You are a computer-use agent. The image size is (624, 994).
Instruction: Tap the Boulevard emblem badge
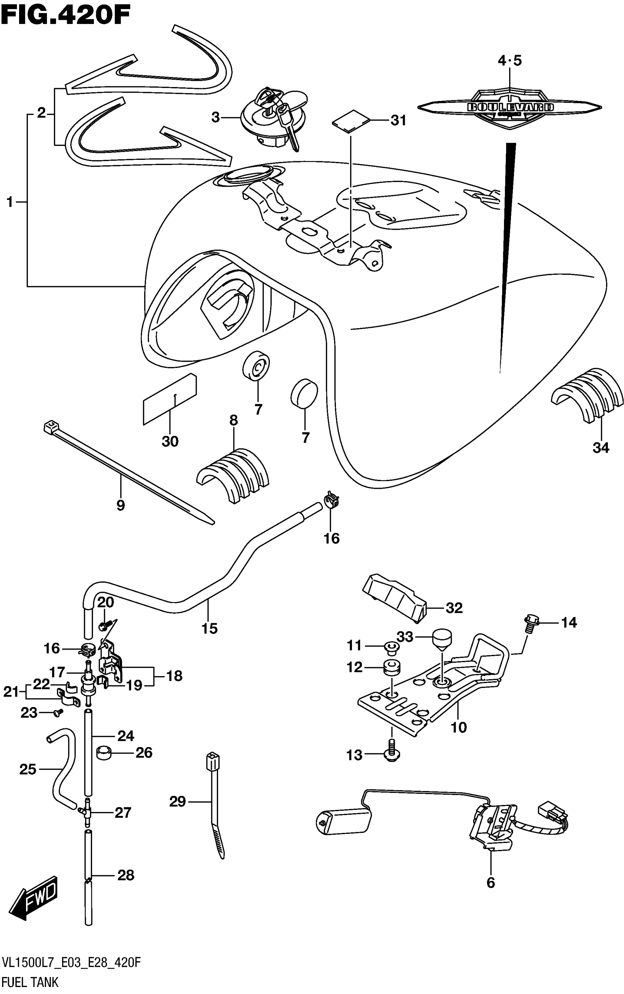(x=510, y=107)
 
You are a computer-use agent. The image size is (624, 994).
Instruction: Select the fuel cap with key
(x=274, y=118)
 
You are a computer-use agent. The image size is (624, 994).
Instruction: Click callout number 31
(x=398, y=121)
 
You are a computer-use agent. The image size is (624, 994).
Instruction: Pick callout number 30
(x=170, y=441)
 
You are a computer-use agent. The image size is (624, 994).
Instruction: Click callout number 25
(x=28, y=769)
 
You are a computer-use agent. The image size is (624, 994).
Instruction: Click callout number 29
(x=178, y=802)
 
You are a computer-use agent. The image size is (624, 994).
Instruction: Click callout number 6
(x=490, y=883)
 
